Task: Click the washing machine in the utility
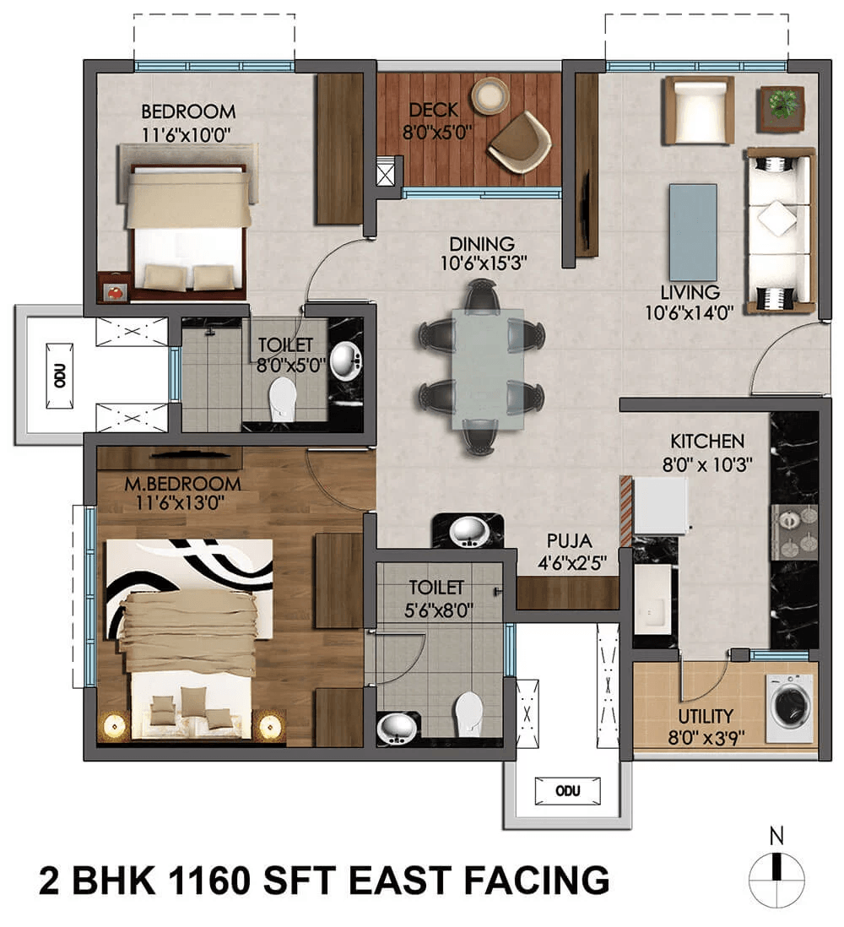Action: (x=788, y=708)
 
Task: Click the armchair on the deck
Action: (x=520, y=143)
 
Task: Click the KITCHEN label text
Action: (x=707, y=441)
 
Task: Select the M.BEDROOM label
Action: (x=182, y=484)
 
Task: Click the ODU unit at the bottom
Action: (x=567, y=791)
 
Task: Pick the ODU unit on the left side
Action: (x=60, y=376)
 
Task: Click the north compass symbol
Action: (x=777, y=873)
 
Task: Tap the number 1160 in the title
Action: (x=208, y=880)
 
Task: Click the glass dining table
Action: (x=488, y=368)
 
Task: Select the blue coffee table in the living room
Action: (x=693, y=232)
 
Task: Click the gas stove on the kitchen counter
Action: (x=793, y=532)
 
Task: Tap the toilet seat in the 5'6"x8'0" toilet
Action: (x=468, y=714)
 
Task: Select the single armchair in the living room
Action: (x=699, y=110)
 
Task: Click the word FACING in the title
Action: (x=537, y=880)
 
